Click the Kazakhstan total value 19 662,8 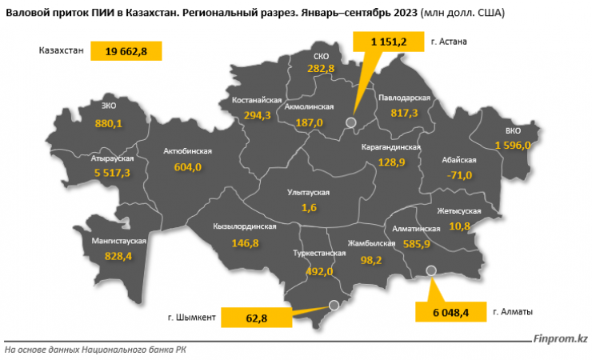[x=126, y=51]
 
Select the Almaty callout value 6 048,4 [x=446, y=311]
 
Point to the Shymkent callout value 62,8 [x=255, y=318]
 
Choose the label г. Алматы [x=514, y=311]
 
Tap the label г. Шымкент [x=192, y=318]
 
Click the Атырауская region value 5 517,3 [x=111, y=172]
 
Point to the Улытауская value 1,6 [x=309, y=207]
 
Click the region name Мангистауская [x=118, y=241]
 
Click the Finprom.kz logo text [x=559, y=338]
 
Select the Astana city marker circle [x=350, y=122]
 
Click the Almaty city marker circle [x=432, y=270]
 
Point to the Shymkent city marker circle [x=335, y=304]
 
